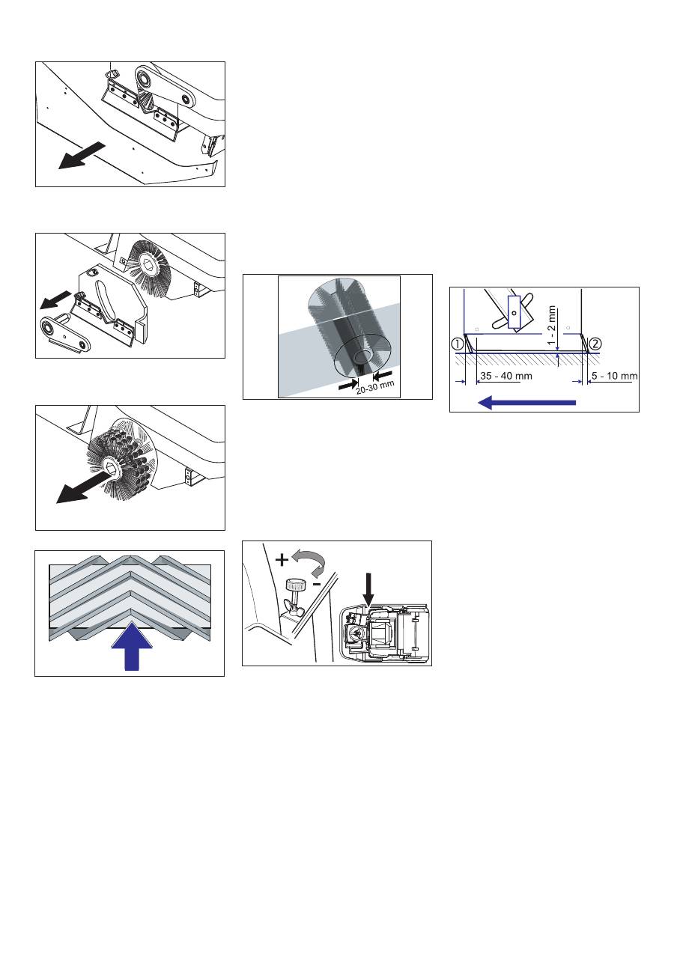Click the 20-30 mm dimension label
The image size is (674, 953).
[x=375, y=387]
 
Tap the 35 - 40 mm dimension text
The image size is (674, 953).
[x=506, y=376]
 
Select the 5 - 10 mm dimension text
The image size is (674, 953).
[x=614, y=376]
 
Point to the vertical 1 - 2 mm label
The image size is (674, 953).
[x=552, y=326]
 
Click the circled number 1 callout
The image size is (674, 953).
[x=458, y=344]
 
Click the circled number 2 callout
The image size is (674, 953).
[x=595, y=344]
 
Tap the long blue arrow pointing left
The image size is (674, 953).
[x=526, y=402]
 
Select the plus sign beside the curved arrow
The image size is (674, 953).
[x=282, y=560]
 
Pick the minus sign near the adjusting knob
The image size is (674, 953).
[x=317, y=585]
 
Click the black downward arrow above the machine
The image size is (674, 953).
[x=368, y=589]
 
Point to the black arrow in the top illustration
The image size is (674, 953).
[x=82, y=155]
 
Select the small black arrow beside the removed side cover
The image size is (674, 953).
[x=55, y=299]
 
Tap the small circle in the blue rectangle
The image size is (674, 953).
[x=514, y=313]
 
